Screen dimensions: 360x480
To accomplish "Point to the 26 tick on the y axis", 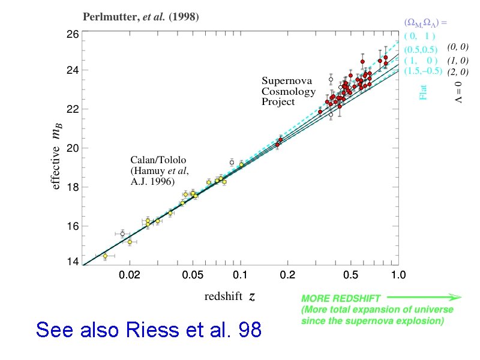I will (x=71, y=35).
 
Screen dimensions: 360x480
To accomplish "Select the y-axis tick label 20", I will (x=71, y=148).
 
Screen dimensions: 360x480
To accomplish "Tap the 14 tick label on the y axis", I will (x=71, y=262).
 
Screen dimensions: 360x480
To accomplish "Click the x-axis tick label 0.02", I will (x=130, y=276).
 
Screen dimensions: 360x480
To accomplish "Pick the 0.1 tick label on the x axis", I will (x=241, y=276).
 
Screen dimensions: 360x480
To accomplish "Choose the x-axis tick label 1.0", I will (x=398, y=276).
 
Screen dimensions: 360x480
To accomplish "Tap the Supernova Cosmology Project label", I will (x=288, y=91).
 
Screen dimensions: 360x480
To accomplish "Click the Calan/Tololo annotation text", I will (x=159, y=170).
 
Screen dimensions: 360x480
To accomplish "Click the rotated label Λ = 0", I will (x=458, y=92).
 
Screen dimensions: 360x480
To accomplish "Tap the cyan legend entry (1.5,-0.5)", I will (x=423, y=71).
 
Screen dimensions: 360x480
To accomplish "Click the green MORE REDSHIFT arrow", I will (x=423, y=297).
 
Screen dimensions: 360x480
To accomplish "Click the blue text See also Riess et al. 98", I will (x=149, y=329).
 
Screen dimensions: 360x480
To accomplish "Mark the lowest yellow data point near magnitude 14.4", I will (x=105, y=256).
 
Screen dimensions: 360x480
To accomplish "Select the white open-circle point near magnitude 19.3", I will (x=232, y=163).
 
